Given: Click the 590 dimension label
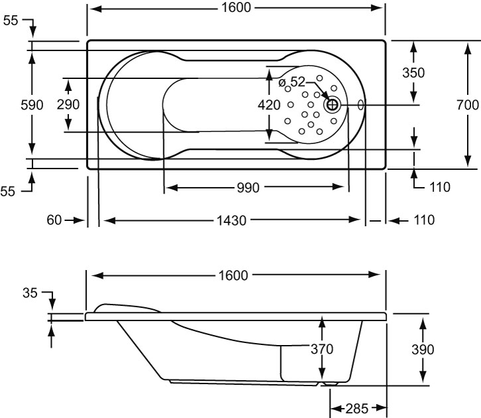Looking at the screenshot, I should tap(32, 105).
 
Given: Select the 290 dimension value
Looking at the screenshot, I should tap(68, 105).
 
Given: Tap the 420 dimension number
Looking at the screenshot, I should tap(269, 105).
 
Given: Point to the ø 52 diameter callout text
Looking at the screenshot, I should tap(292, 82).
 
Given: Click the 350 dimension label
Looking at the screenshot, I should tap(413, 73).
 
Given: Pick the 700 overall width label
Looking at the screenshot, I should tap(468, 105).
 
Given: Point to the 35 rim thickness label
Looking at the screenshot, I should tap(29, 293).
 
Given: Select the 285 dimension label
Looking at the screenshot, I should tap(358, 407).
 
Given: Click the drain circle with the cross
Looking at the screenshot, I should tap(332, 104).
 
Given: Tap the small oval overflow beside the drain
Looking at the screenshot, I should tap(361, 104).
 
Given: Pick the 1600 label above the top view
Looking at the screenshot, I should tap(237, 8).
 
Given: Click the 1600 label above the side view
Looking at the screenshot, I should tap(237, 275).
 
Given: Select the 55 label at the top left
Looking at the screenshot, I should tap(11, 21).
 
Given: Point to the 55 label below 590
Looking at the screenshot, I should tap(8, 191).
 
